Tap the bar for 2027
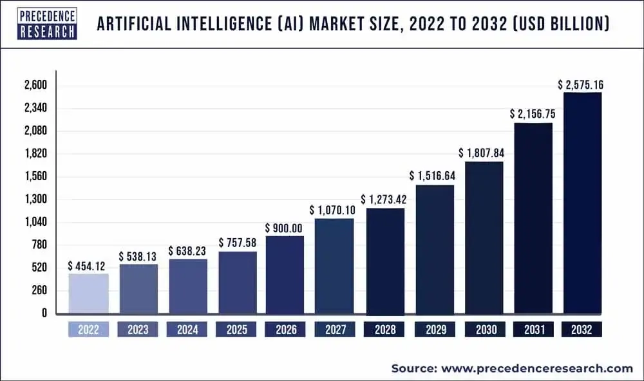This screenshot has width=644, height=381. coord(334,266)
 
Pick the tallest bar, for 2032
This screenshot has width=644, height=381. coord(582,203)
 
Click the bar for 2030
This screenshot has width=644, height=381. coord(484,237)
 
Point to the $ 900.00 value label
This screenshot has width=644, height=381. coord(285,228)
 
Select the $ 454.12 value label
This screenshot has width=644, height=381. coord(88,266)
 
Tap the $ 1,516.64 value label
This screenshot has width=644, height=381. coord(433,176)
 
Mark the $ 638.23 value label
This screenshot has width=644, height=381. coord(188,251)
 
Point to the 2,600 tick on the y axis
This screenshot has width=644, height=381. coord(35,86)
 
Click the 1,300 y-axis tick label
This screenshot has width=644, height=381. coord(35,200)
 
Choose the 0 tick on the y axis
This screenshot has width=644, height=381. coord(44,313)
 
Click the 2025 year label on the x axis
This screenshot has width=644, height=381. coord(236,330)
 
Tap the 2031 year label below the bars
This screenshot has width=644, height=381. coord(533,330)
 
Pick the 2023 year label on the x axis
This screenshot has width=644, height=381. coord(137,330)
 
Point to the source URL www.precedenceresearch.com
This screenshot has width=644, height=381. coord(537,368)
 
